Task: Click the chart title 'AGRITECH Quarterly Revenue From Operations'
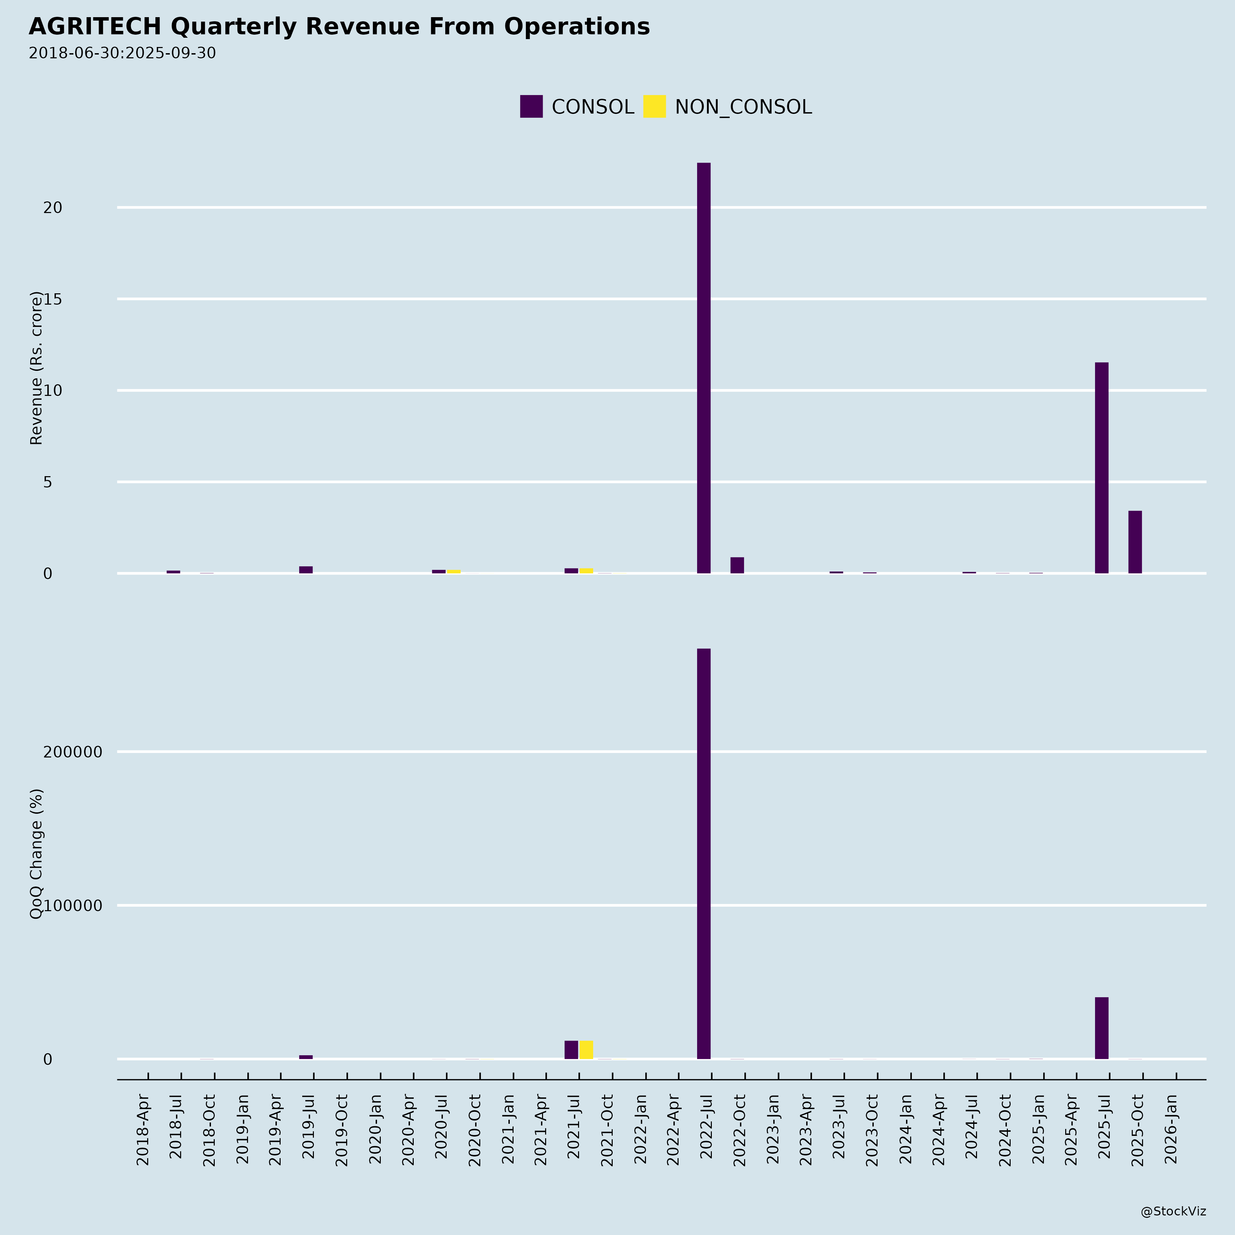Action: point(339,27)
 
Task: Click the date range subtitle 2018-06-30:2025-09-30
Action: point(122,53)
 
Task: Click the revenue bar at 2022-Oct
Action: point(737,565)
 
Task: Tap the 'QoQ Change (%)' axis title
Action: point(36,854)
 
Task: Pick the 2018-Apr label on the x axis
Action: point(143,1130)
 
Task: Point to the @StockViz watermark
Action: point(1173,1211)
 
